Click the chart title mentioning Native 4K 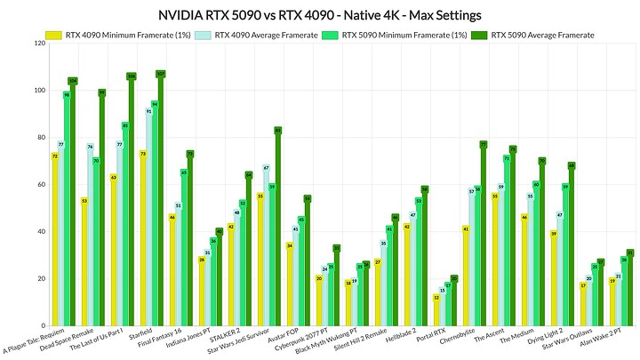(x=319, y=14)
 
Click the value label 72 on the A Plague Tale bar (x=55, y=156)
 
